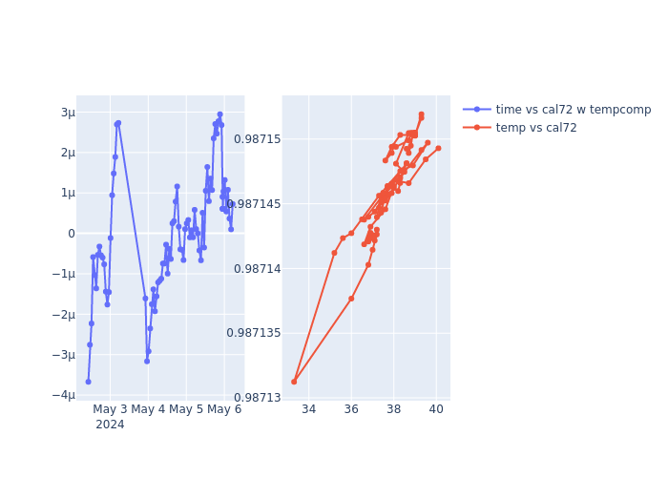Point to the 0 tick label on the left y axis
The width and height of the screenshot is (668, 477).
point(71,234)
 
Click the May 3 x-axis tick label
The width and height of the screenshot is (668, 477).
point(110,410)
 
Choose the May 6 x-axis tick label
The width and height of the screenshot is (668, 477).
point(224,410)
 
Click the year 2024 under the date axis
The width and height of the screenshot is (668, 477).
point(110,425)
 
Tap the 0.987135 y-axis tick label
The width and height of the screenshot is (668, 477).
point(254,333)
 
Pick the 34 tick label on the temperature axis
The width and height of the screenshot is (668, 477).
point(308,410)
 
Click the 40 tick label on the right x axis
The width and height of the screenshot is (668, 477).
point(436,410)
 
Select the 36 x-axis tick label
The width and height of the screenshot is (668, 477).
point(351,410)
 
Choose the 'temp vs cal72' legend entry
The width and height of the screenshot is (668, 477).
point(536,128)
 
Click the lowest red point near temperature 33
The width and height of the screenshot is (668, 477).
point(294,382)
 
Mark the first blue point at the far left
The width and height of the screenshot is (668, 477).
point(88,382)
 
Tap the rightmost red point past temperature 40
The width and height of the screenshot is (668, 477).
point(438,148)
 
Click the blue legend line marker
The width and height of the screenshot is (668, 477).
point(477,110)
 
